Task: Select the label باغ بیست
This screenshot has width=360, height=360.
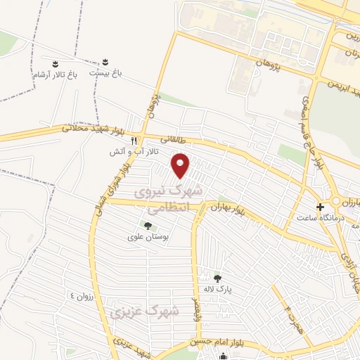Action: [105, 72]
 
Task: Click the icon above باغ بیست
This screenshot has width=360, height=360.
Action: [106, 61]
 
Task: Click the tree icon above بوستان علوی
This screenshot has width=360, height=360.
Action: [148, 226]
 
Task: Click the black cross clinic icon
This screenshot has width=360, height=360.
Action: [321, 207]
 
